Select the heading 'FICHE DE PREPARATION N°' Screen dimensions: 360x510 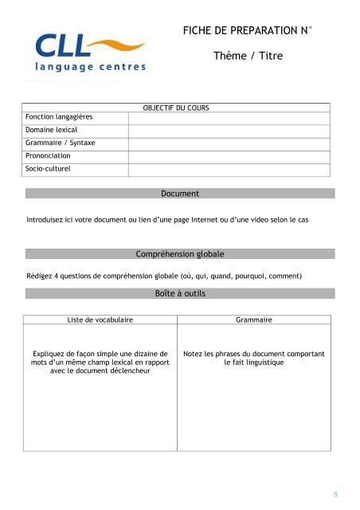pos(247,31)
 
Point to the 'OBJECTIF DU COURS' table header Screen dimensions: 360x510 pos(175,107)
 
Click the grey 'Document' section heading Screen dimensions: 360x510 pos(179,194)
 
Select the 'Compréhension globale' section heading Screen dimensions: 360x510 pos(179,254)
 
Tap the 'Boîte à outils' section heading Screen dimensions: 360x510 pos(179,294)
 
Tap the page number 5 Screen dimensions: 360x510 pos(336,494)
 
